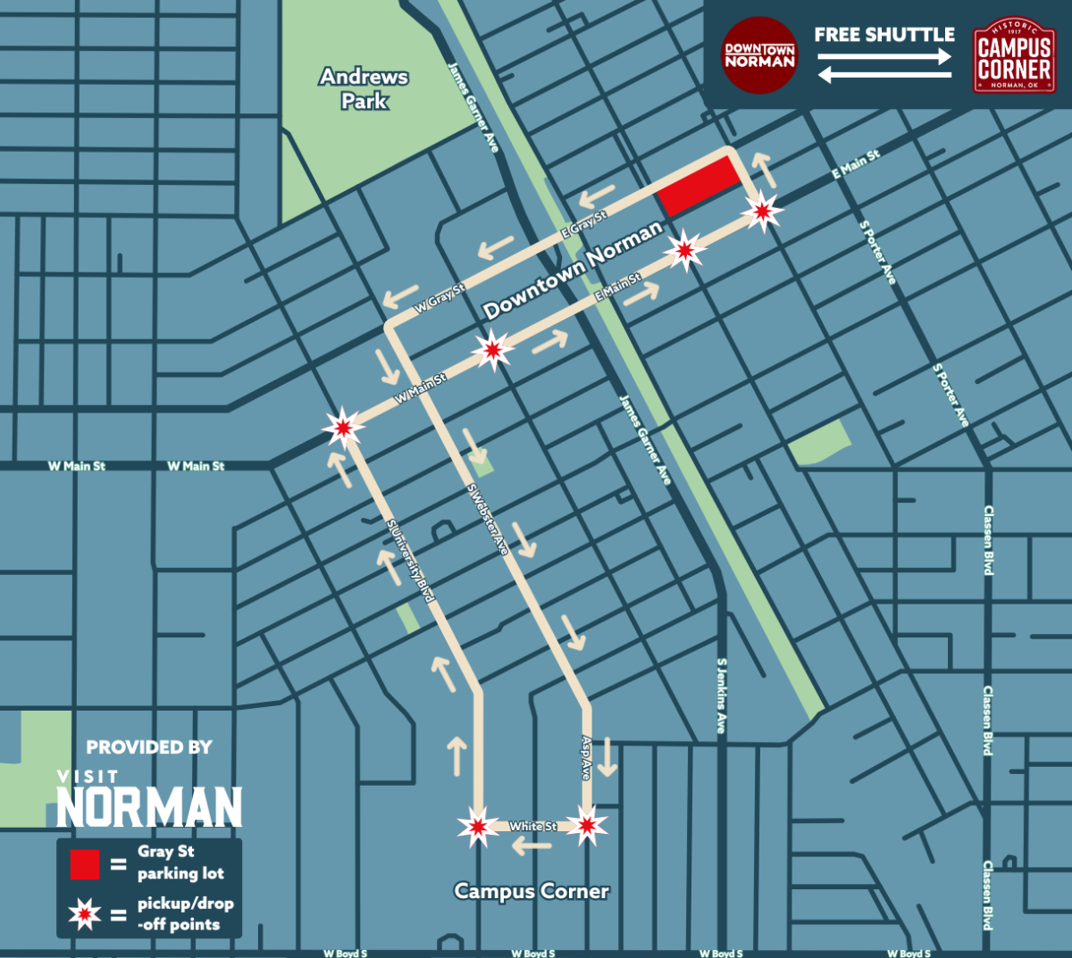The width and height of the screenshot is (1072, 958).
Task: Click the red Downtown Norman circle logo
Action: (x=758, y=55)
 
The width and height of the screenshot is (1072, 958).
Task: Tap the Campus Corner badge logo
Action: (x=1013, y=56)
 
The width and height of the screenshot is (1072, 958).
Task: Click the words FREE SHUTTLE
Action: (x=884, y=35)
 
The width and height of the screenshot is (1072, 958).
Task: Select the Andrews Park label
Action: (x=364, y=88)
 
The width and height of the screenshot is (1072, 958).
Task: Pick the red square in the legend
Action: (x=85, y=864)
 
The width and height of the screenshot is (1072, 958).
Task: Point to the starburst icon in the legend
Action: (x=85, y=914)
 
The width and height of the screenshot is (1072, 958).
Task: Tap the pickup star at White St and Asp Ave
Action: (x=587, y=826)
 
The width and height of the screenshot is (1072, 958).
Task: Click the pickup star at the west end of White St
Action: (x=478, y=827)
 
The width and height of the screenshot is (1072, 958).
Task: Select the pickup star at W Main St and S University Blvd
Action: (x=343, y=428)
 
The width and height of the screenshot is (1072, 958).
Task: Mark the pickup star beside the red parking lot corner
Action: (x=762, y=212)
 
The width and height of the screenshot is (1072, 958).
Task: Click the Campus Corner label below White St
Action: (x=532, y=891)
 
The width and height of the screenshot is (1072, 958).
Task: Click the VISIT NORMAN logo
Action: (x=149, y=801)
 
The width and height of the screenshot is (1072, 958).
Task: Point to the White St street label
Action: (x=532, y=827)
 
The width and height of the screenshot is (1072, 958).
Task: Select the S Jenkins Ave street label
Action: (x=722, y=696)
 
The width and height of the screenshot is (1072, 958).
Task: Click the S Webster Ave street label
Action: (x=488, y=520)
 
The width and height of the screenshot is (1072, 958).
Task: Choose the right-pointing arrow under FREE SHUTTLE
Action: (x=884, y=57)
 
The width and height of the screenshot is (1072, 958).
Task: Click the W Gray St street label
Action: (x=440, y=298)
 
